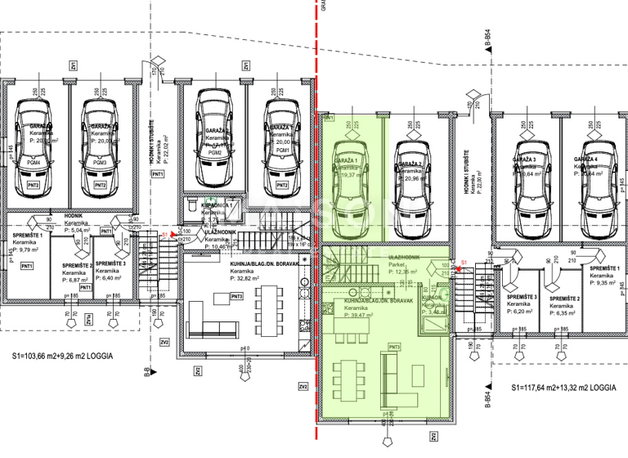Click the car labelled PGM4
(x=34, y=151)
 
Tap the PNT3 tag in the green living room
(x=394, y=348)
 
